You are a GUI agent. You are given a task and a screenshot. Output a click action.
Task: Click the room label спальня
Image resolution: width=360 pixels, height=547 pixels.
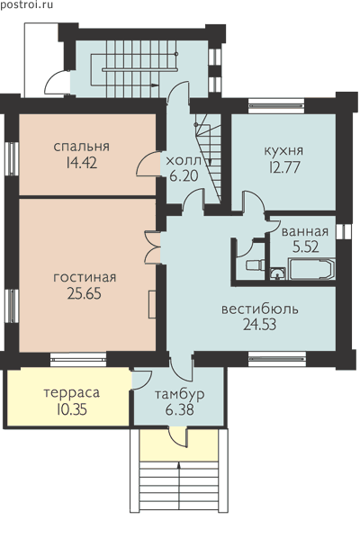tap(82, 147)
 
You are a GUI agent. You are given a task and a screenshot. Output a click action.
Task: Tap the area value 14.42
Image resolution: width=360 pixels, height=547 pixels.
tap(81, 163)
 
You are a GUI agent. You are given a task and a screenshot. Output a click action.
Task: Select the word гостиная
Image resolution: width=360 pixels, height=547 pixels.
tap(85, 278)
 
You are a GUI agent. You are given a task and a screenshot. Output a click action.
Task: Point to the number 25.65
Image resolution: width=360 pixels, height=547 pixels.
tap(85, 293)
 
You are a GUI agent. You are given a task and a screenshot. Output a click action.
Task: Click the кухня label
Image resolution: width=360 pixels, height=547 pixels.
tap(284, 151)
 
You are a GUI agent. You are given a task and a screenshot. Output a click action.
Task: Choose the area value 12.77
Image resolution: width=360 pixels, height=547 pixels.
tap(284, 167)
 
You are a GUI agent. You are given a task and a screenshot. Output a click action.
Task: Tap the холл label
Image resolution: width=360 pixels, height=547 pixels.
tap(184, 161)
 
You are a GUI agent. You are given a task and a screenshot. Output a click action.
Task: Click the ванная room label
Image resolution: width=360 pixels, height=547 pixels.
tap(305, 231)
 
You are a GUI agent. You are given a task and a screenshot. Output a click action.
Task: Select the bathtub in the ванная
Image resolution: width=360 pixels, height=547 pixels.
tap(312, 269)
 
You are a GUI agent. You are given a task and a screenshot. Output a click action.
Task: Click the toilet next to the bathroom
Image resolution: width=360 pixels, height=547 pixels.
tap(254, 265)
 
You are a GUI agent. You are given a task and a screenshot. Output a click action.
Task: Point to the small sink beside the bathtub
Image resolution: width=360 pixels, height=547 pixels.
tap(278, 273)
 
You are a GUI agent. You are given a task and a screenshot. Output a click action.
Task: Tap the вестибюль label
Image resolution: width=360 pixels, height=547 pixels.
tap(260, 309)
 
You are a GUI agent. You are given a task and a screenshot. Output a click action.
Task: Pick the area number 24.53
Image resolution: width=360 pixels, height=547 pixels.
tap(260, 325)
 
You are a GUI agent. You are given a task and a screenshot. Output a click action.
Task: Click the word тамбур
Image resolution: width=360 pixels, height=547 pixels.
tap(180, 395)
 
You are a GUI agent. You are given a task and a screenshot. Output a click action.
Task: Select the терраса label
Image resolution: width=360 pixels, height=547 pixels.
tap(72, 393)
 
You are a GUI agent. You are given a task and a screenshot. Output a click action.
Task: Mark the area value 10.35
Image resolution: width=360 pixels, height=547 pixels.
tap(71, 409)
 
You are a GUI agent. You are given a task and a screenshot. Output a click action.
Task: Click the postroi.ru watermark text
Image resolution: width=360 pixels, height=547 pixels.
tap(26, 4)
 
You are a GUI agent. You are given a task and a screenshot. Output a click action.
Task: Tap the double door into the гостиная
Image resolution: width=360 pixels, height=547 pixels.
tap(152, 247)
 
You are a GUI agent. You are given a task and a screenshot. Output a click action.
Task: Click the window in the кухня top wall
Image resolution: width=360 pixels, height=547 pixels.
tap(276, 105)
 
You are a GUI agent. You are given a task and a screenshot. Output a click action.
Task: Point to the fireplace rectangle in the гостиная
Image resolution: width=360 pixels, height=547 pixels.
tap(152, 304)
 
